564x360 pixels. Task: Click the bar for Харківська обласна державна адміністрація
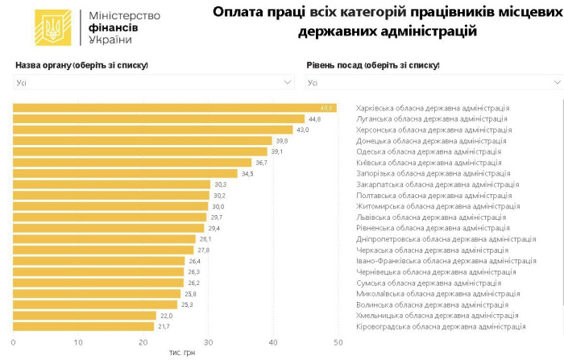[x=174, y=108]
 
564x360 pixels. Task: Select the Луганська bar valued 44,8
[x=159, y=118]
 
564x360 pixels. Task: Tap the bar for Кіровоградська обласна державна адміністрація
[x=84, y=326]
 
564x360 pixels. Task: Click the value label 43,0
[x=303, y=130]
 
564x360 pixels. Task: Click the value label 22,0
[x=166, y=316]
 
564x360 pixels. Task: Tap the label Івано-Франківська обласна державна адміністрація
[x=446, y=261]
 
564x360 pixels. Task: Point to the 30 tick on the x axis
[x=209, y=342]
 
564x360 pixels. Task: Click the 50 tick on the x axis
[x=338, y=342]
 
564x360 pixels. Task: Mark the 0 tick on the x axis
[x=14, y=342]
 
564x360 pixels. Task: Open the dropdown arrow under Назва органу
[x=288, y=82]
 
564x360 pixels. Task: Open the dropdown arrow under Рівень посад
[x=557, y=82]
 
